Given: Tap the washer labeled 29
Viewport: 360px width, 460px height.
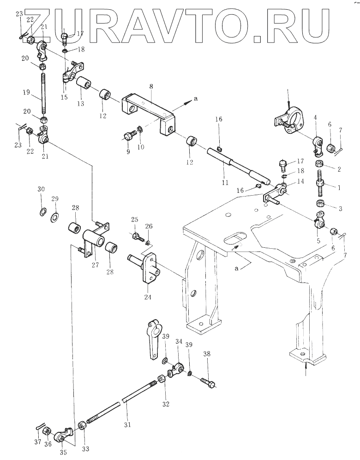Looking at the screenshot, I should pyautogui.click(x=54, y=216).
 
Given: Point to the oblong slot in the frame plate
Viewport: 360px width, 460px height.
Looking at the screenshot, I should pyautogui.click(x=234, y=239).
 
